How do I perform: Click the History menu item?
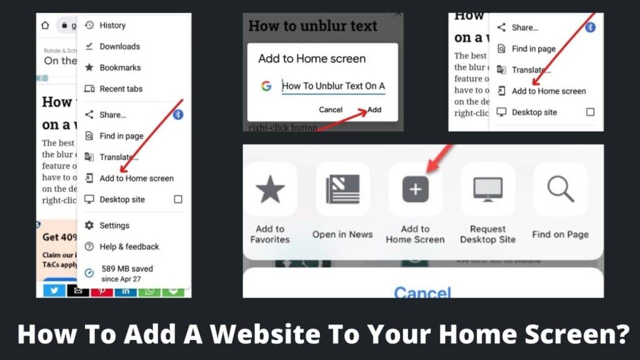click(112, 25)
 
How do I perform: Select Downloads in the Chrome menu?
click(119, 46)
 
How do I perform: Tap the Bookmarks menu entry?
click(119, 67)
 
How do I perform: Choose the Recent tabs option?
click(121, 89)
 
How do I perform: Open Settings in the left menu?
click(114, 225)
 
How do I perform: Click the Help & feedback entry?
click(129, 246)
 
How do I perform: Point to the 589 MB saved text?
click(127, 269)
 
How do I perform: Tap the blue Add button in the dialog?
click(374, 109)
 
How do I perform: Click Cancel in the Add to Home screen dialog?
click(331, 109)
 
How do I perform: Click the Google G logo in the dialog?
click(266, 86)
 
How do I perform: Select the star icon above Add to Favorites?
click(270, 189)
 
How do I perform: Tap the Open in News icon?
click(342, 189)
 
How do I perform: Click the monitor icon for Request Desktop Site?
click(487, 189)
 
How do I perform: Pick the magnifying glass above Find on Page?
click(560, 189)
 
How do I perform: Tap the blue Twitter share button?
click(54, 291)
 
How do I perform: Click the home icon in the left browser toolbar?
click(45, 26)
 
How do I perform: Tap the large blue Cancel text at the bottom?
click(422, 292)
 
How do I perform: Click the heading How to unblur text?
click(312, 26)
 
